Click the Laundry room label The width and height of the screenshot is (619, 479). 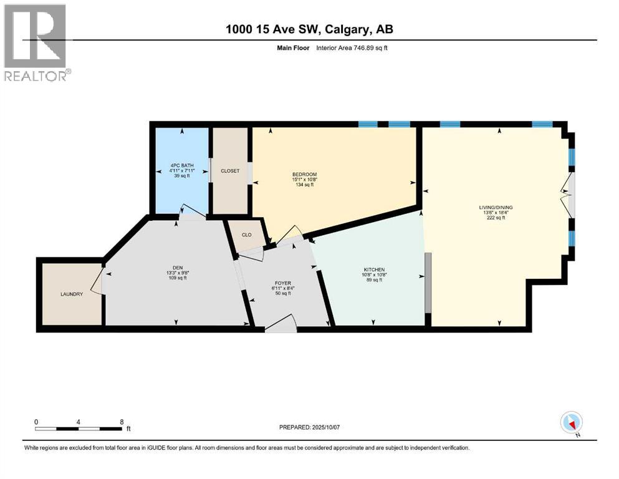point(72,294)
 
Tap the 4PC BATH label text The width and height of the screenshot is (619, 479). point(181,165)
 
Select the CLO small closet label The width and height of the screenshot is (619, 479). point(246,235)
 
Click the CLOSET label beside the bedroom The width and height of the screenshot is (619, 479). point(230,170)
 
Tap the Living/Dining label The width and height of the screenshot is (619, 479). point(496,207)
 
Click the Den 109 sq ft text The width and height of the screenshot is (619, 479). point(177,278)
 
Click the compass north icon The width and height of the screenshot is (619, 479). point(571,423)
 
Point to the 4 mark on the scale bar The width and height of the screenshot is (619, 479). point(79,422)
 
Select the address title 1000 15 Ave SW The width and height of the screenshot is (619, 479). point(310,29)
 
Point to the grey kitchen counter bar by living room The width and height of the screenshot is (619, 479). point(428,282)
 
